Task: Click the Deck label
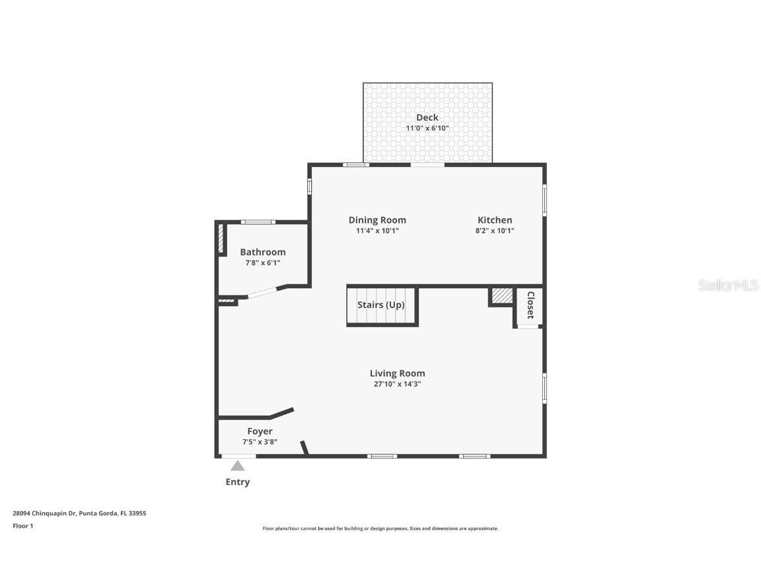point(427,117)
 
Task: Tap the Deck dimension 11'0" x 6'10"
point(427,128)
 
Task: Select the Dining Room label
point(377,220)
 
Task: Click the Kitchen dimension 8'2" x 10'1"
point(495,231)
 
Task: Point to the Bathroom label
point(262,252)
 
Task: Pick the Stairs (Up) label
point(380,305)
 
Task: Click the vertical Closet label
point(530,305)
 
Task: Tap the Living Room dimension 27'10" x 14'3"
point(397,383)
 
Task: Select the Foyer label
point(260,431)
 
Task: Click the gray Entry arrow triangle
point(237,466)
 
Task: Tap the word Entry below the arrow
point(237,482)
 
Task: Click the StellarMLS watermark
point(728,285)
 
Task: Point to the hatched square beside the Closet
point(502,296)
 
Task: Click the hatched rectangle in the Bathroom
point(221,238)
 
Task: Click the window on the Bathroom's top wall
point(258,222)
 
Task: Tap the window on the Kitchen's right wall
point(544,200)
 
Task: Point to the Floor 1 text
point(22,526)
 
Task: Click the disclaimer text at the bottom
point(380,528)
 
